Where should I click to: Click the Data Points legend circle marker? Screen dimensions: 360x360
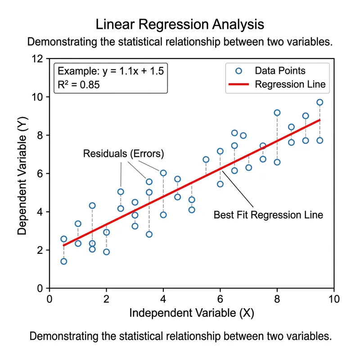point(239,71)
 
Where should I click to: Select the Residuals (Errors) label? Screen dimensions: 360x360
point(124,154)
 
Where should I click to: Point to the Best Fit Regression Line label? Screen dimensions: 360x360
point(268,215)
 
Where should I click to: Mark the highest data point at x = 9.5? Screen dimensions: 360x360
point(320,102)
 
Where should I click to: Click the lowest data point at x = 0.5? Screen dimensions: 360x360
point(63,261)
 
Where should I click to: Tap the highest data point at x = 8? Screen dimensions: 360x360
point(277,113)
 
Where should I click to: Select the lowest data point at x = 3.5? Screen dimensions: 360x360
point(149,234)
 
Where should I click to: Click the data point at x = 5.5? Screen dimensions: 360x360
point(206,160)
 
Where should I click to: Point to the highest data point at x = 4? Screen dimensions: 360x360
point(163,173)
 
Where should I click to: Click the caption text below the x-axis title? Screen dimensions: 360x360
point(180,336)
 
